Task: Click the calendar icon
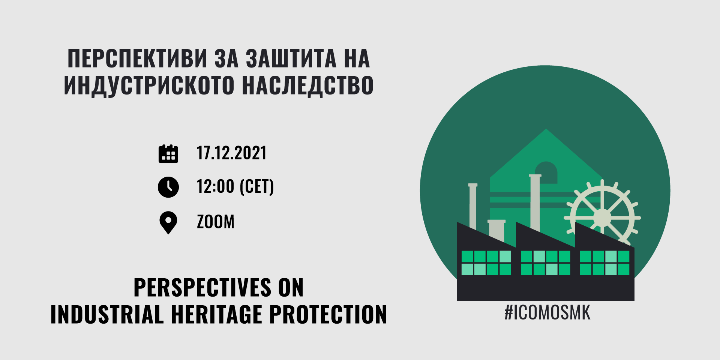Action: [168, 153]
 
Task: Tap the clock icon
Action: [168, 187]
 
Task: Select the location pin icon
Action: [168, 223]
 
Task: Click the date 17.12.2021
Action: [231, 153]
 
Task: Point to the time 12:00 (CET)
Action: [235, 187]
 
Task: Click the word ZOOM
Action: [216, 222]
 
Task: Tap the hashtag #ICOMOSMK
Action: [547, 312]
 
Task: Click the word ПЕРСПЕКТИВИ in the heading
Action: [137, 59]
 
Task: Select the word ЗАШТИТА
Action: [291, 59]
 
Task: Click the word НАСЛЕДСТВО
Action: [308, 85]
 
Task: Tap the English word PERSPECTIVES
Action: [202, 288]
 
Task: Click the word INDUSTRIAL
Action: [107, 314]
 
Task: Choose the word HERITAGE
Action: [216, 314]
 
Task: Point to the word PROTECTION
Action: [328, 314]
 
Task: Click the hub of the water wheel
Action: [602, 217]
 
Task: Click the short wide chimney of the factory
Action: [496, 231]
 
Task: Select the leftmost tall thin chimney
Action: [473, 206]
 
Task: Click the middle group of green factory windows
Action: [546, 263]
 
